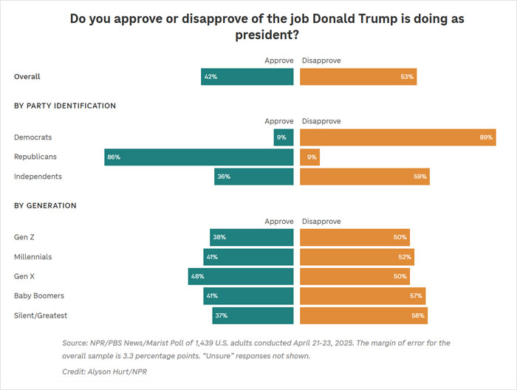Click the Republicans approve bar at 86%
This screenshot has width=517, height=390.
(x=199, y=157)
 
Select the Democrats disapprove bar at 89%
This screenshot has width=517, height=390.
(x=397, y=137)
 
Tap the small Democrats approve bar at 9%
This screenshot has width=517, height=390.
(x=284, y=137)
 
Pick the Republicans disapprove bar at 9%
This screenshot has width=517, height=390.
(x=309, y=157)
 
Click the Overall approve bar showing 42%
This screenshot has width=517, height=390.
(x=247, y=77)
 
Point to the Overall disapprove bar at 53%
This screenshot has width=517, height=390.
(x=358, y=77)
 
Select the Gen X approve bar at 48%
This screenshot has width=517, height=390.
(x=241, y=276)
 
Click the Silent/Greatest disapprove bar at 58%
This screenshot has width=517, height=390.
(x=363, y=315)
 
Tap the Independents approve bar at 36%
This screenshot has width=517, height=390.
(x=253, y=177)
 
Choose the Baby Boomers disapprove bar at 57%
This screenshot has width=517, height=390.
(x=363, y=295)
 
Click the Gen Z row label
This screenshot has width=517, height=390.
(x=25, y=237)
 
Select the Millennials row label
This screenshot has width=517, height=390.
(x=33, y=257)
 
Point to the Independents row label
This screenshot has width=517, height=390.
(x=38, y=177)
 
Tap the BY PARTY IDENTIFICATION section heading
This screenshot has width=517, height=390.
(x=65, y=106)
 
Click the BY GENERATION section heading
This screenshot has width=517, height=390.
(x=45, y=205)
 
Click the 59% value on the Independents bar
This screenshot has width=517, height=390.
(x=420, y=177)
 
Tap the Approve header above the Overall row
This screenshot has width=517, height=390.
(x=278, y=61)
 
